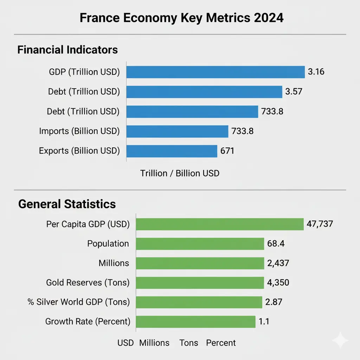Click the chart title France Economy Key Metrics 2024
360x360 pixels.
point(181,18)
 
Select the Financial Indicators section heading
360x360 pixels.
point(67,50)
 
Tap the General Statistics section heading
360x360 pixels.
point(67,204)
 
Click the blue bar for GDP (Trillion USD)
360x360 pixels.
point(215,72)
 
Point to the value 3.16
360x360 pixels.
point(316,72)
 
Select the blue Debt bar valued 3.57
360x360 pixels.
point(204,92)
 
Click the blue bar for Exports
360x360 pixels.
point(172,151)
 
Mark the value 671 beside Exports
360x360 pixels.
point(227,151)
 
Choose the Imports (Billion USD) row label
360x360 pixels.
point(79,131)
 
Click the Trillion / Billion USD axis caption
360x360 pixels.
point(180,173)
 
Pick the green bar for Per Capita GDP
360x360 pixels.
point(219,224)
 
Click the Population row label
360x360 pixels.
point(108,244)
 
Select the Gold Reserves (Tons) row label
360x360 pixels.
point(88,282)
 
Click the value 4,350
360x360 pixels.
point(278,282)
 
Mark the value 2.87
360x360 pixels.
point(275,302)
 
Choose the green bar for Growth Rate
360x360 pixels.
point(195,322)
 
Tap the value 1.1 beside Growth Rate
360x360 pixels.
point(264,322)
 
